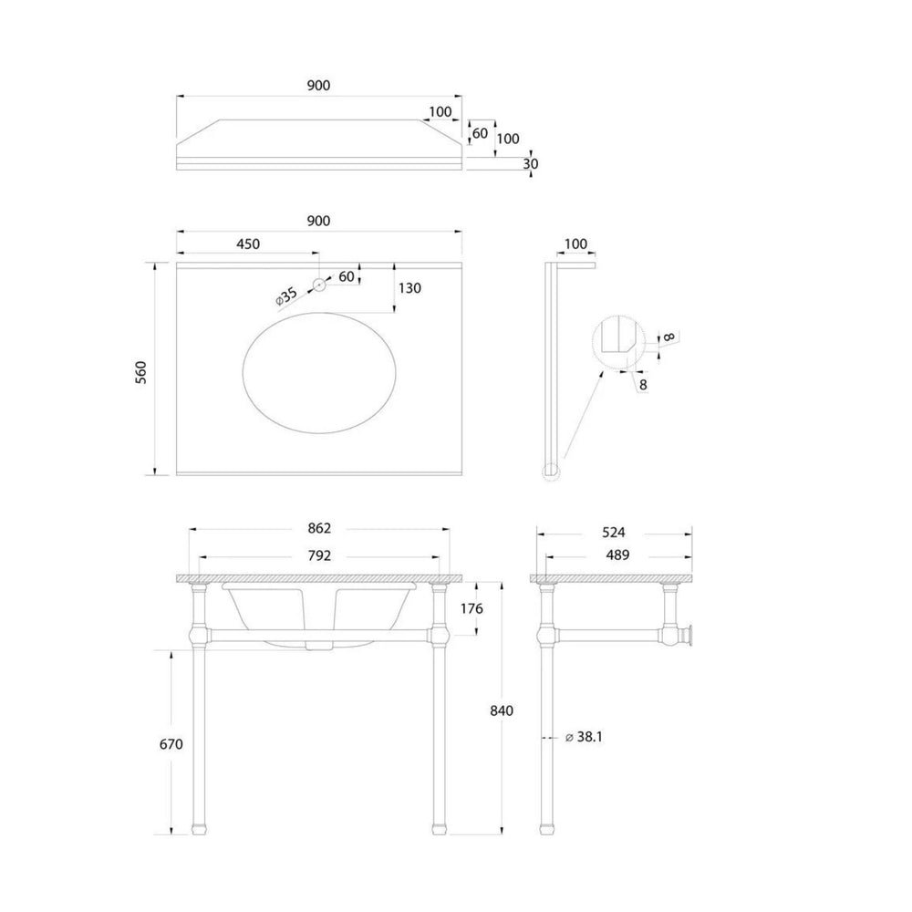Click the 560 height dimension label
click(x=140, y=372)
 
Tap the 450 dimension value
click(x=248, y=244)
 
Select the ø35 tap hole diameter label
click(x=286, y=295)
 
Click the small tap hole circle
click(x=318, y=285)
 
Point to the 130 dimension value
click(x=410, y=288)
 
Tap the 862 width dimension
click(x=319, y=528)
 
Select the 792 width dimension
click(x=319, y=555)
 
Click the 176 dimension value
click(x=472, y=608)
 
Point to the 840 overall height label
click(x=502, y=710)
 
